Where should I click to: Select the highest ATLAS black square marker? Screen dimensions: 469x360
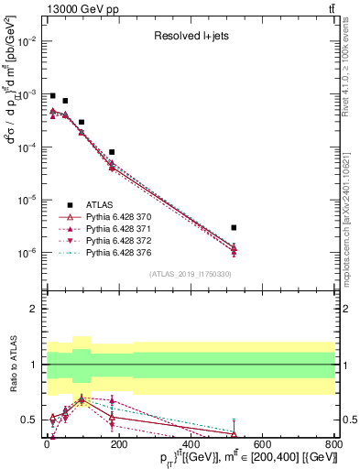(53, 95)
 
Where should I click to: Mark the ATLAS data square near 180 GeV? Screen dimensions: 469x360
(112, 152)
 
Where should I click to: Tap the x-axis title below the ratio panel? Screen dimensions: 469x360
(247, 457)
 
